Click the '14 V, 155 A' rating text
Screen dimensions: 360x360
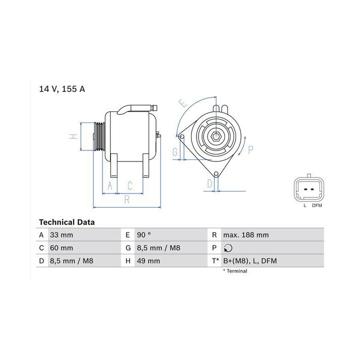[62, 89]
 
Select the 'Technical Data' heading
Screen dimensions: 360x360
[67, 222]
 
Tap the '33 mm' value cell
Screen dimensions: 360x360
[61, 235]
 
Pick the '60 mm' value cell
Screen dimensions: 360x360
[61, 248]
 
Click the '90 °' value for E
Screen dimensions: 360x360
[144, 235]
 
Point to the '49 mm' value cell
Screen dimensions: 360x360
[148, 261]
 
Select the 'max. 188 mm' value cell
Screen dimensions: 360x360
[246, 235]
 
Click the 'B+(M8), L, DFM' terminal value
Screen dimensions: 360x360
[250, 261]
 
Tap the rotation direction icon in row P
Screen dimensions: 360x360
[228, 248]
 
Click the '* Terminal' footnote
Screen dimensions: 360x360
[235, 271]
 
